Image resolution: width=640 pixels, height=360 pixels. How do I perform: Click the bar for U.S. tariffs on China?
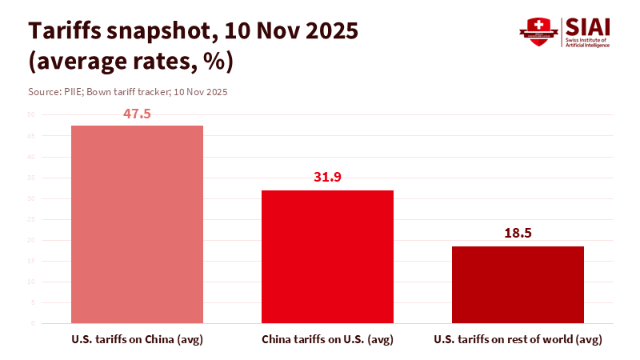coord(137,224)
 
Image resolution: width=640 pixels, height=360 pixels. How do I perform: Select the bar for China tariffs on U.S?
coord(327,256)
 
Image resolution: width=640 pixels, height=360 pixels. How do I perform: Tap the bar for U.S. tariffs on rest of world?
coord(518,284)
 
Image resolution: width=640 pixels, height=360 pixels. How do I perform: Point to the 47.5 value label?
coord(137,114)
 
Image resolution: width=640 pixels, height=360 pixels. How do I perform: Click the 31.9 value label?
coord(327,178)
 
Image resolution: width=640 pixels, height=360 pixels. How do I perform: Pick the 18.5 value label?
coord(518,234)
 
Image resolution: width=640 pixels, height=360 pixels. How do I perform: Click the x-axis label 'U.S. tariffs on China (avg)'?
coord(137,340)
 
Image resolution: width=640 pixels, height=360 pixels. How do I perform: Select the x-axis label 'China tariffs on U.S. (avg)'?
coord(327,340)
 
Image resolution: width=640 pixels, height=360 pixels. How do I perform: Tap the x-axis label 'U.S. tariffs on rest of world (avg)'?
coord(518,340)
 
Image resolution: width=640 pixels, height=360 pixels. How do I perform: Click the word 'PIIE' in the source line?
coord(75,92)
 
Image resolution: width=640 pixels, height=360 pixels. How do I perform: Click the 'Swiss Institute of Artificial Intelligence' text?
coord(588,42)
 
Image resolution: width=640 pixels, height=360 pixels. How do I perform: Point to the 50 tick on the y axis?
coord(32,115)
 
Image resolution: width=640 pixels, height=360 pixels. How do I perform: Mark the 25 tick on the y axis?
coord(32,219)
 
